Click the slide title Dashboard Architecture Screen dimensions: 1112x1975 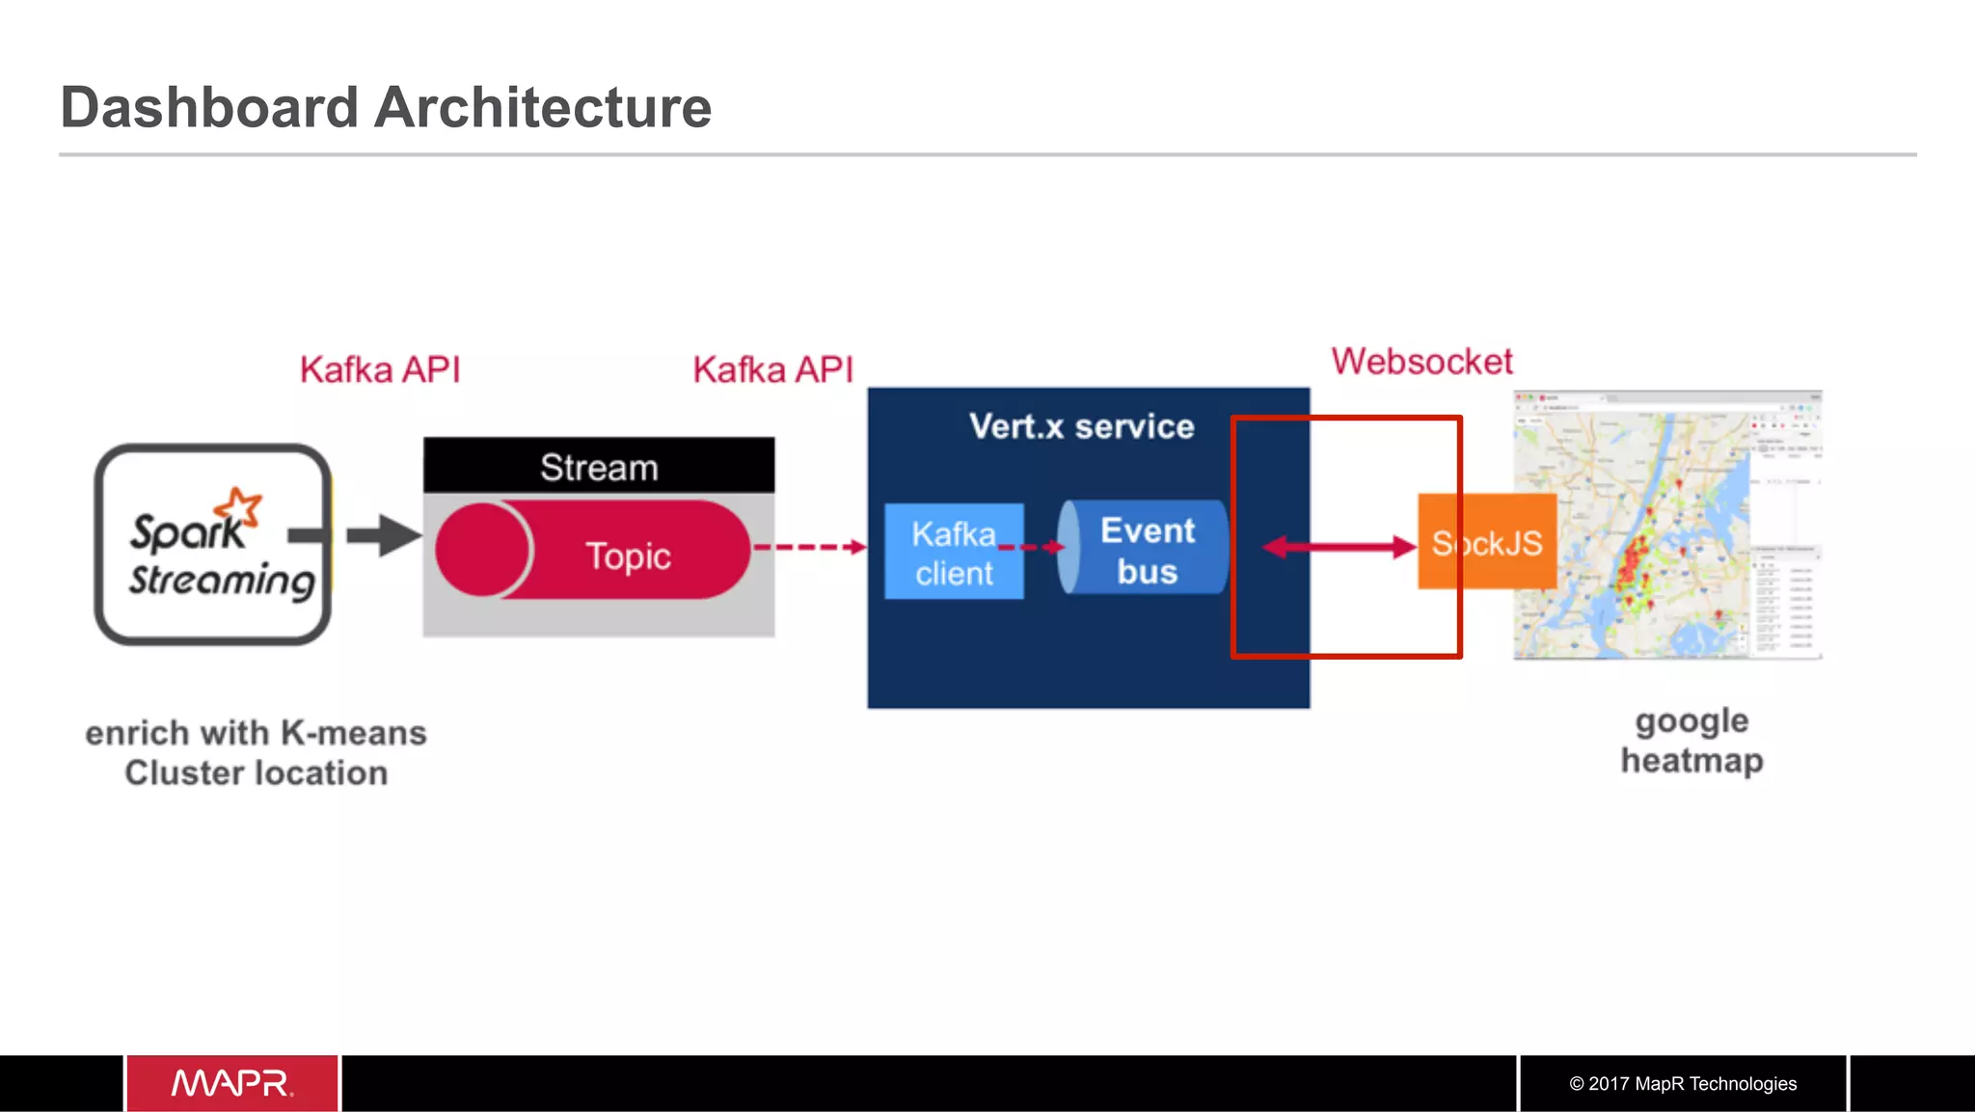[386, 107]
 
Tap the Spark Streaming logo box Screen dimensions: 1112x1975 [212, 545]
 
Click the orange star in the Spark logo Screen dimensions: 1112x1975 [239, 506]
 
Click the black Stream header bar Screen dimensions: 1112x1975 [598, 467]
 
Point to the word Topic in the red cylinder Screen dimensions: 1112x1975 [628, 556]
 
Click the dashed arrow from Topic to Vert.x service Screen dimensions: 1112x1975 [810, 547]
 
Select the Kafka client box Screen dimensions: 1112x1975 [953, 553]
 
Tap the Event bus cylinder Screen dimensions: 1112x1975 [1146, 549]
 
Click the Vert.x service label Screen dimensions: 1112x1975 [1081, 426]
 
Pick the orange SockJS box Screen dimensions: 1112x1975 [1487, 542]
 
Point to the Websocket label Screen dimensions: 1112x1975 [1421, 362]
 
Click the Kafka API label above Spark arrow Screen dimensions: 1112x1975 [380, 369]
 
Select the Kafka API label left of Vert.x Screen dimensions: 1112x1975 [772, 369]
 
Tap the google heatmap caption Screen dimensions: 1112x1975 [1691, 740]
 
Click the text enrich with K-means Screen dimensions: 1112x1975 [256, 733]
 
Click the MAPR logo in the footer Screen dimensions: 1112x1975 [232, 1083]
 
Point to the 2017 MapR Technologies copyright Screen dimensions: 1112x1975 [1682, 1083]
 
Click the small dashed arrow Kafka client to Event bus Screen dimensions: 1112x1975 [1030, 547]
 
